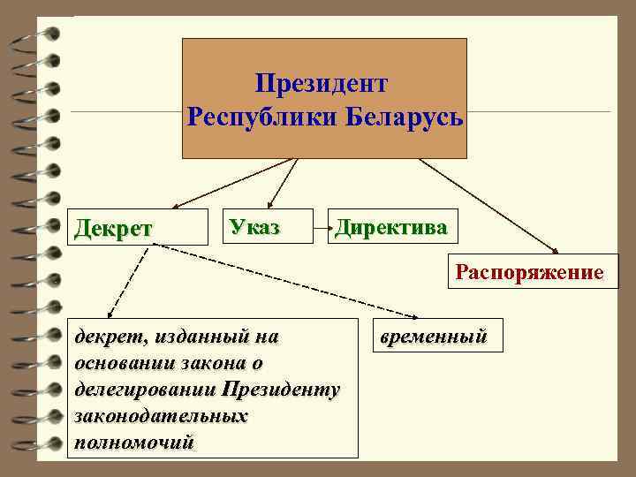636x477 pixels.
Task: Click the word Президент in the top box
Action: [322, 84]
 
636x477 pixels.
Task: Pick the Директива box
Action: [390, 227]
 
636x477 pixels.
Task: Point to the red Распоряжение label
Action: [529, 270]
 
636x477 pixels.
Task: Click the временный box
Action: [432, 337]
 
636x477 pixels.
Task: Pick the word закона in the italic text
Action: [213, 363]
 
